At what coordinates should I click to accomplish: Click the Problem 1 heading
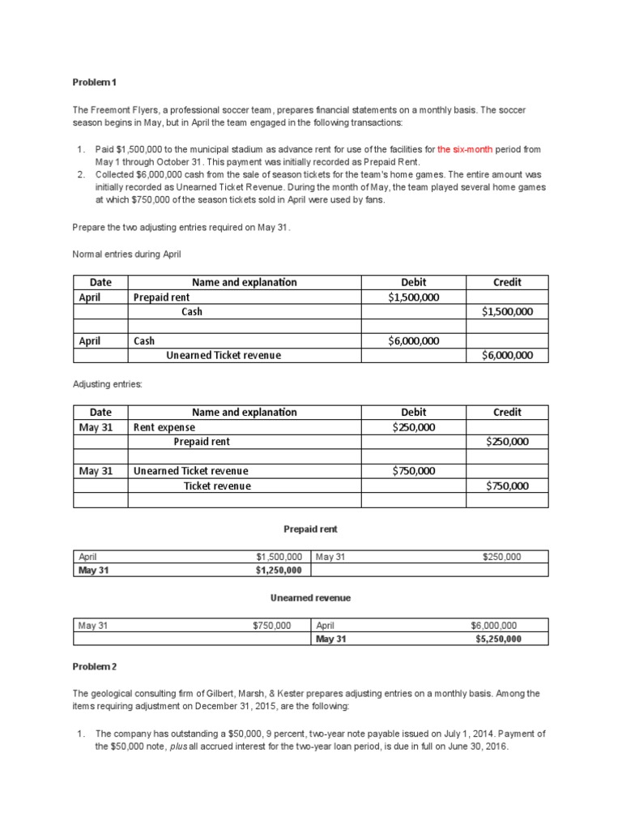(95, 82)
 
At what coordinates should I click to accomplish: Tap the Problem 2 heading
(95, 666)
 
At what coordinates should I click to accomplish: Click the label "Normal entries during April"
(127, 254)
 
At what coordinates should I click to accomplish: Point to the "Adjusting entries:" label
(108, 383)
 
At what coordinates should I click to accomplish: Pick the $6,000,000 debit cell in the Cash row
(413, 341)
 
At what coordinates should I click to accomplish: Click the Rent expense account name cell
(164, 427)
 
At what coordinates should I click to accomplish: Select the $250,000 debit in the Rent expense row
(413, 427)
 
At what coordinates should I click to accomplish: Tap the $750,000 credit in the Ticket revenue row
(507, 486)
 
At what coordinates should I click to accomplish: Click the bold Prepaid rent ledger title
(310, 529)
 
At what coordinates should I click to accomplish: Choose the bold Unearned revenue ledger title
(310, 597)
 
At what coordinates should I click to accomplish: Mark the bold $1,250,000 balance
(279, 570)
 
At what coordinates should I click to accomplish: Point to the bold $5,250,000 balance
(498, 639)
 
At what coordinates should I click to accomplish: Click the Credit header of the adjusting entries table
(507, 412)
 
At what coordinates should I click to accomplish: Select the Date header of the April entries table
(100, 282)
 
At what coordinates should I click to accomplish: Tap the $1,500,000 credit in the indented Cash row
(507, 311)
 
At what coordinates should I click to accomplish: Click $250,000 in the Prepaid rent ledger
(501, 557)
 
